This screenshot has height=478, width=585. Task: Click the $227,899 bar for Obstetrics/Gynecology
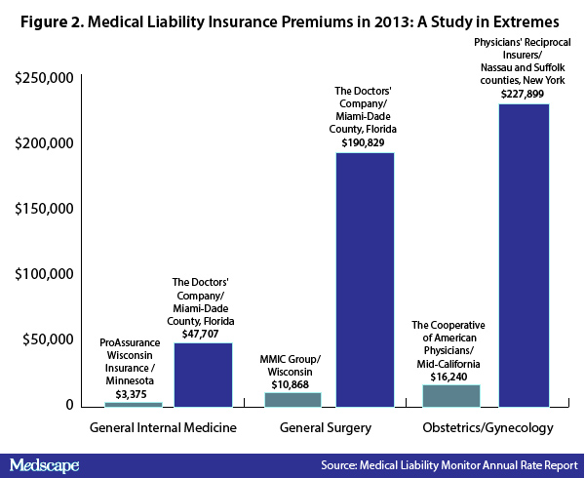(524, 256)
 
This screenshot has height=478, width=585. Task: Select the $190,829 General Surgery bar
(365, 280)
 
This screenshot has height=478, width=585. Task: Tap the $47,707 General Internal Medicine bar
(204, 375)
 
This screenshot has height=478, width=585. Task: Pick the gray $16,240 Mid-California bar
(451, 396)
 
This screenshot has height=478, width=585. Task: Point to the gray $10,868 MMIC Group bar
(292, 400)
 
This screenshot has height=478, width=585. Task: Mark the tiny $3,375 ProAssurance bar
(134, 405)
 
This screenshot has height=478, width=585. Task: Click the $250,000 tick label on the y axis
(44, 78)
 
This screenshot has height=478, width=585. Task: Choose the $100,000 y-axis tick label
(44, 274)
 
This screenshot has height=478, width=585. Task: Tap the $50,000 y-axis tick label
(48, 339)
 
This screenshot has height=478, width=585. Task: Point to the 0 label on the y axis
(70, 405)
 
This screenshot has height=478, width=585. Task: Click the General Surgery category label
(326, 427)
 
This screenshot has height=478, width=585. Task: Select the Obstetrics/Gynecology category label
(487, 427)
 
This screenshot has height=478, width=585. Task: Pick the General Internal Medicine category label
(163, 427)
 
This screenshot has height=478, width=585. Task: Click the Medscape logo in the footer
(45, 465)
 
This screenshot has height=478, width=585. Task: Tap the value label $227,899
(523, 94)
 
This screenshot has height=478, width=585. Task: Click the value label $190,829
(363, 142)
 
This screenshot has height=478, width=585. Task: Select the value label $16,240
(448, 377)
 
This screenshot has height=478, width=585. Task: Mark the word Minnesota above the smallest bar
(130, 380)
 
